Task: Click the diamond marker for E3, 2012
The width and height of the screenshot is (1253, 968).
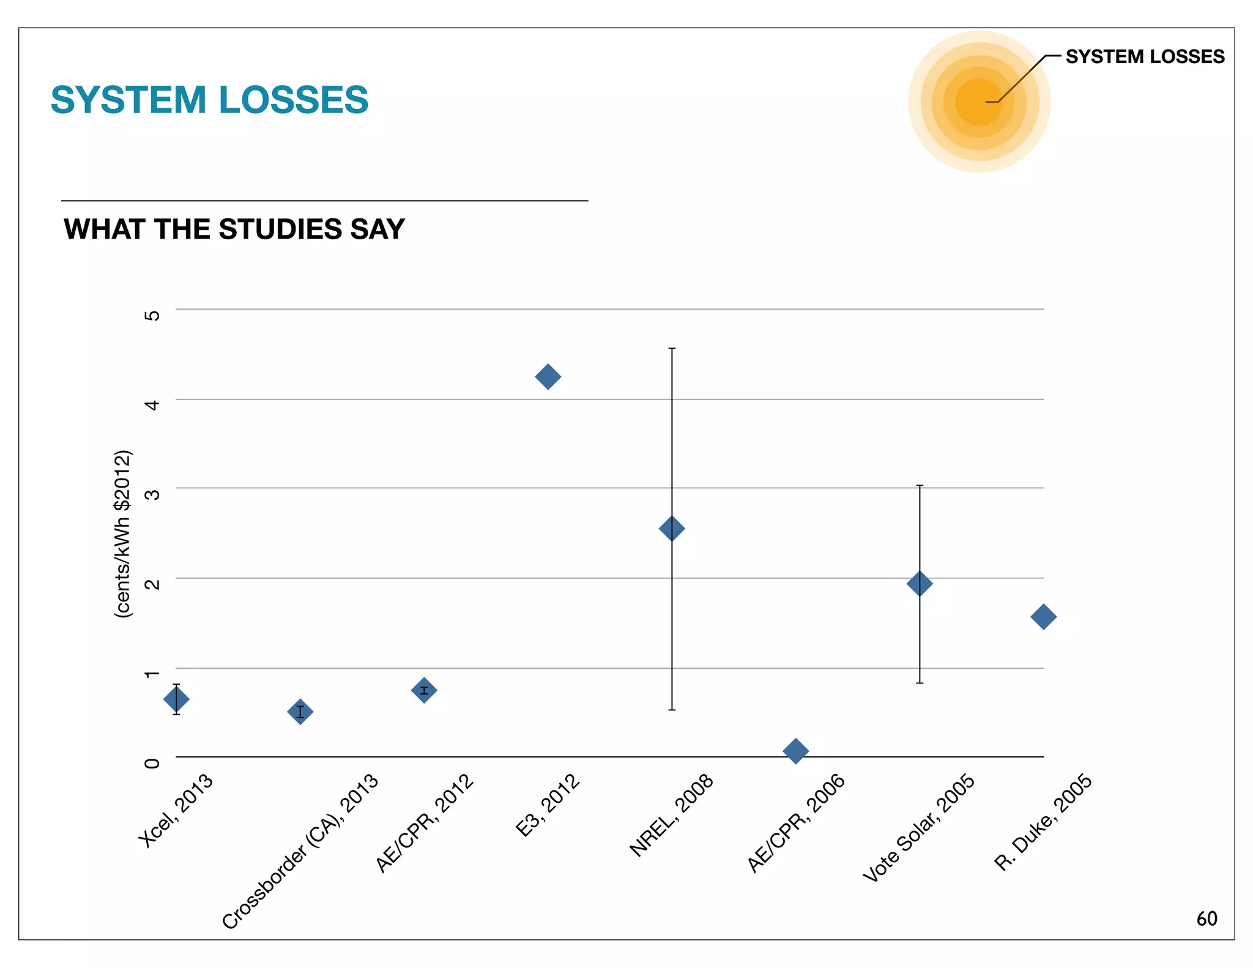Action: (x=548, y=376)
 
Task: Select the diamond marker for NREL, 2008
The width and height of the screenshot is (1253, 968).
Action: (x=672, y=529)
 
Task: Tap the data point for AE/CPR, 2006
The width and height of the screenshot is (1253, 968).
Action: (x=795, y=751)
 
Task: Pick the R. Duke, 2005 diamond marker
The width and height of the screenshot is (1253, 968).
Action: (x=1043, y=617)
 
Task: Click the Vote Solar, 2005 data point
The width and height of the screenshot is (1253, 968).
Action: (x=919, y=584)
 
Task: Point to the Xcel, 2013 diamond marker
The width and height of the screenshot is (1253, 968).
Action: (x=176, y=699)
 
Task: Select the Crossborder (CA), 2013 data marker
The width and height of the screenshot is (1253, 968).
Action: (x=300, y=712)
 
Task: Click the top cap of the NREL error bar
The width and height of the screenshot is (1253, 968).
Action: (x=672, y=348)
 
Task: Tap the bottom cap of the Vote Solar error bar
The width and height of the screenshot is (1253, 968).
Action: (x=919, y=683)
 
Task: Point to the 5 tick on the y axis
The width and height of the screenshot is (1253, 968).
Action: (x=152, y=315)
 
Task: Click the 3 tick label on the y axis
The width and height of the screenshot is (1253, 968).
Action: (x=152, y=494)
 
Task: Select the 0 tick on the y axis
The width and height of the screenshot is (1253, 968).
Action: (x=152, y=763)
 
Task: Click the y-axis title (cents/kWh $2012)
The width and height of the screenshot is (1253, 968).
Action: (x=123, y=534)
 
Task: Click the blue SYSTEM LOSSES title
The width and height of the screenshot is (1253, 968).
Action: (x=209, y=100)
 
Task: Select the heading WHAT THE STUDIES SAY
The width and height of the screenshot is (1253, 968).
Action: (x=234, y=229)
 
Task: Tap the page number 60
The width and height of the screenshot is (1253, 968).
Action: (x=1207, y=918)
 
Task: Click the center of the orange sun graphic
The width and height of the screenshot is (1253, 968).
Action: (x=979, y=102)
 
